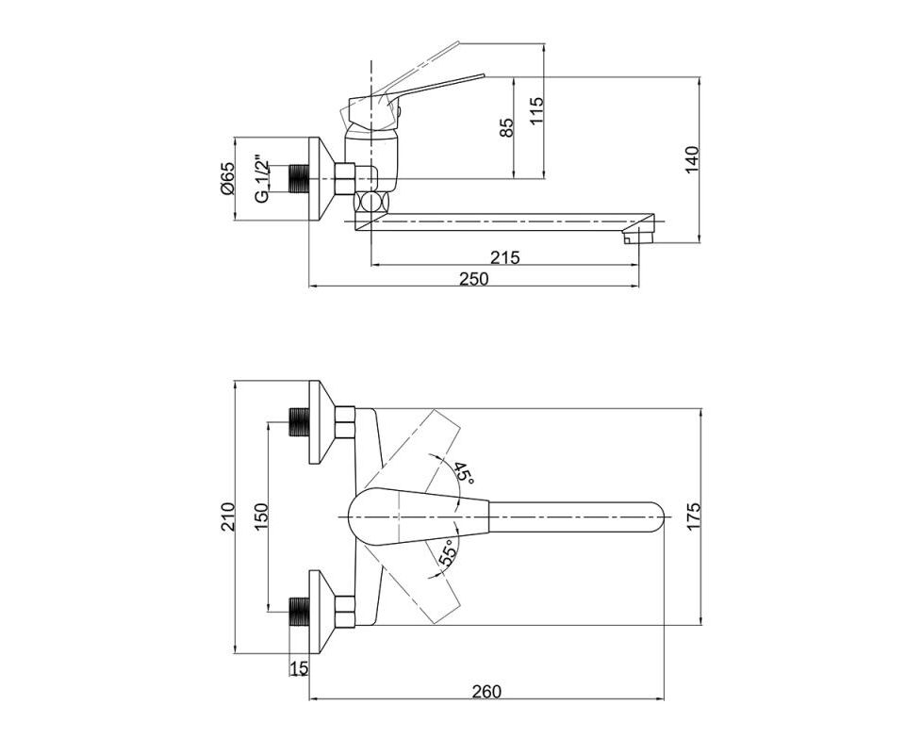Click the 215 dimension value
tap(505, 256)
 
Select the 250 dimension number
tap(474, 279)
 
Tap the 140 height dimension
tap(692, 158)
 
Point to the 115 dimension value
tap(536, 110)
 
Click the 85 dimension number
tap(506, 127)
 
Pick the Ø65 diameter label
tap(227, 179)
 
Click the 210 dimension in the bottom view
tap(227, 516)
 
